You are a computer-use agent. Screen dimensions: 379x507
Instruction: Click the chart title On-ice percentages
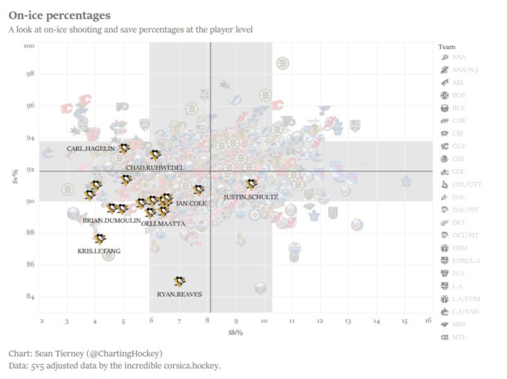pyautogui.click(x=60, y=16)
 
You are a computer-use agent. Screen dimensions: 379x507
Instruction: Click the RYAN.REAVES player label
pyautogui.click(x=180, y=294)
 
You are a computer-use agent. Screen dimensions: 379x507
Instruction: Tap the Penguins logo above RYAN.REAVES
pyautogui.click(x=180, y=281)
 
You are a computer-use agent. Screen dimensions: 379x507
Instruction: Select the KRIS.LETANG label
pyautogui.click(x=99, y=251)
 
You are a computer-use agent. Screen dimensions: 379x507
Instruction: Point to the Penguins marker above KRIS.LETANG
pyautogui.click(x=100, y=239)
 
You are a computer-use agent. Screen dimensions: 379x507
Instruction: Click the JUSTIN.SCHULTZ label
pyautogui.click(x=251, y=197)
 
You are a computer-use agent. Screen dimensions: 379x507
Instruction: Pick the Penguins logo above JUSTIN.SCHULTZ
pyautogui.click(x=252, y=183)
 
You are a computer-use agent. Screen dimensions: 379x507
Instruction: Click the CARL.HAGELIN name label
pyautogui.click(x=90, y=148)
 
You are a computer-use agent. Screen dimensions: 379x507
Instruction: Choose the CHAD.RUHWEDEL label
pyautogui.click(x=155, y=168)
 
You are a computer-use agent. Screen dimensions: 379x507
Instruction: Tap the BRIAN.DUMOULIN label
pyautogui.click(x=112, y=220)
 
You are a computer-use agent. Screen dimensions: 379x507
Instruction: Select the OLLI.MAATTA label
pyautogui.click(x=163, y=223)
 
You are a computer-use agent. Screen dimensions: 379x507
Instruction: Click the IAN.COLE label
pyautogui.click(x=191, y=203)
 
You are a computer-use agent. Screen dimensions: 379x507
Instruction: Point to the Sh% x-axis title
pyautogui.click(x=235, y=333)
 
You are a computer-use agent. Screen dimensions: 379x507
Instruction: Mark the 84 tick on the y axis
pyautogui.click(x=30, y=297)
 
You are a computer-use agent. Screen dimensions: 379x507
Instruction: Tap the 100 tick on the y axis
pyautogui.click(x=29, y=46)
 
